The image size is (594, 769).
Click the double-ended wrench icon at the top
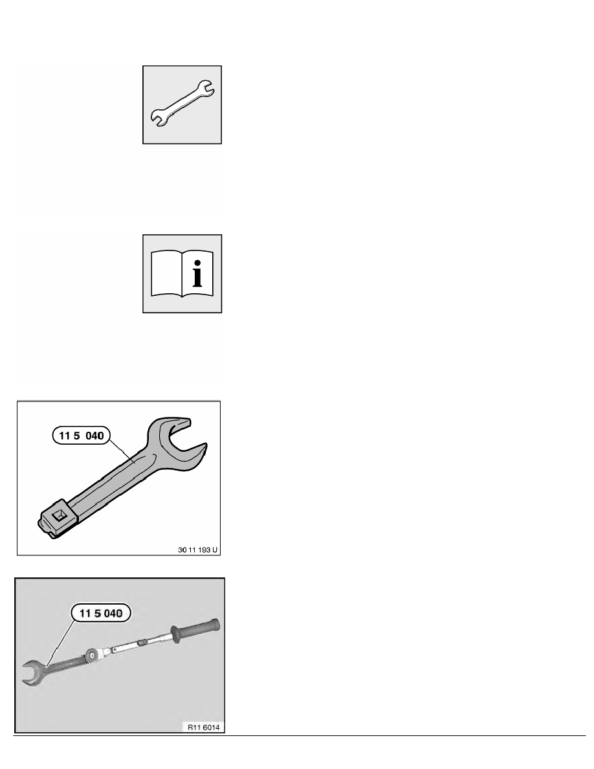point(182,104)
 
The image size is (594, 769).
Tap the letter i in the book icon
point(197,274)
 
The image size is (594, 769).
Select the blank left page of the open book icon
point(166,274)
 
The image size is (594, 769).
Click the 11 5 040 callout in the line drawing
point(82,436)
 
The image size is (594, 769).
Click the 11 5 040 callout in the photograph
point(101,613)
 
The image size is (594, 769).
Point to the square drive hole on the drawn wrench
point(60,515)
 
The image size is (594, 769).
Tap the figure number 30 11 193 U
point(197,550)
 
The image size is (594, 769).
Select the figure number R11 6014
point(203,728)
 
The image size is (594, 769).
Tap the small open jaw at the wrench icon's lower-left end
point(158,118)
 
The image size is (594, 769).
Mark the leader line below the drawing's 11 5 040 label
point(121,451)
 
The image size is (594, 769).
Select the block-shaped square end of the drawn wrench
point(58,519)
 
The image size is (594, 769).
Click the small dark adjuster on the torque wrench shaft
point(142,641)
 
